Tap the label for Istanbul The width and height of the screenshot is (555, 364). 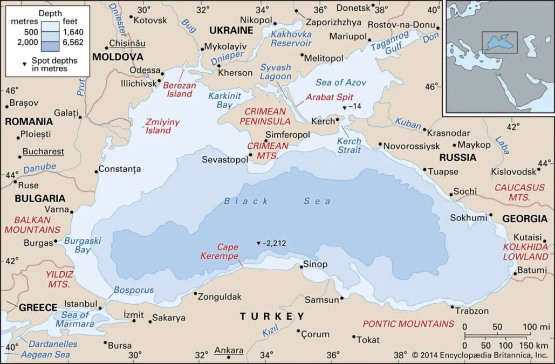pyautogui.click(x=80, y=304)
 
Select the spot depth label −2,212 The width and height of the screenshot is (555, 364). pyautogui.click(x=275, y=243)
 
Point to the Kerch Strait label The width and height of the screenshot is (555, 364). pyautogui.click(x=348, y=146)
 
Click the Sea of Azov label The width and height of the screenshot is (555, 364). pyautogui.click(x=340, y=83)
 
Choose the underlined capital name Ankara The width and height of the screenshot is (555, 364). pyautogui.click(x=229, y=351)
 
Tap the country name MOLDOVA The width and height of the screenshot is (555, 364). pyautogui.click(x=118, y=57)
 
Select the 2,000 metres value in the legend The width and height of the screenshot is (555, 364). pyautogui.click(x=28, y=42)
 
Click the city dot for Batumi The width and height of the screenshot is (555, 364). pyautogui.click(x=515, y=274)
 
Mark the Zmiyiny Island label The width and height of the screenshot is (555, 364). pyautogui.click(x=162, y=126)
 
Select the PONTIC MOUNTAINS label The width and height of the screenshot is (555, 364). pyautogui.click(x=408, y=324)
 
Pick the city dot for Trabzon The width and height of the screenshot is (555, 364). pyautogui.click(x=452, y=307)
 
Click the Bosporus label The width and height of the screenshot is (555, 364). pyautogui.click(x=127, y=290)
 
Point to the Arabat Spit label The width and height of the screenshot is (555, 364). pyautogui.click(x=329, y=97)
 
